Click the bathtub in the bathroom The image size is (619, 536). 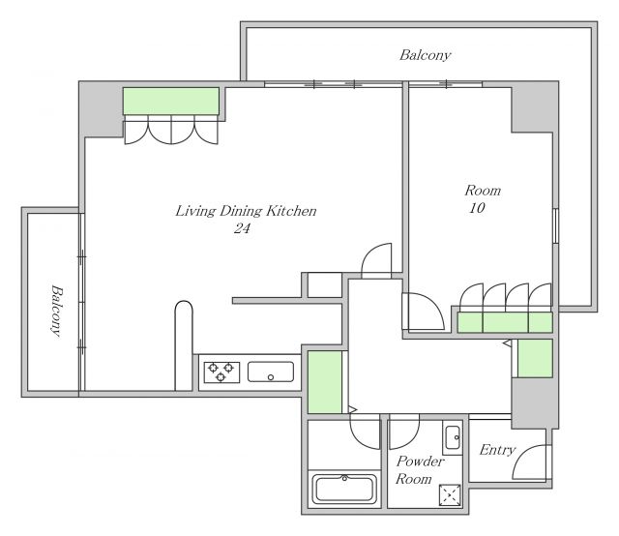click(344, 489)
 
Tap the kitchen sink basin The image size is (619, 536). click(271, 372)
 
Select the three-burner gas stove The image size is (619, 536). click(221, 372)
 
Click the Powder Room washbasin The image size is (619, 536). click(453, 437)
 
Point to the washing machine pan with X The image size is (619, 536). click(450, 495)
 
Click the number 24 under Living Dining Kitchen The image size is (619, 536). click(242, 228)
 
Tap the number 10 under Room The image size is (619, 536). click(477, 208)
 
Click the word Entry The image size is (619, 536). click(497, 450)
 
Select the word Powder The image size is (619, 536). click(421, 461)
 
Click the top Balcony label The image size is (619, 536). click(426, 55)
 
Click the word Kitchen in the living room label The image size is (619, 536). click(291, 211)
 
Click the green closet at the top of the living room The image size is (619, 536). click(171, 102)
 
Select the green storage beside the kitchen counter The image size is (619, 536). click(325, 382)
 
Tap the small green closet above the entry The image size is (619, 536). click(535, 358)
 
